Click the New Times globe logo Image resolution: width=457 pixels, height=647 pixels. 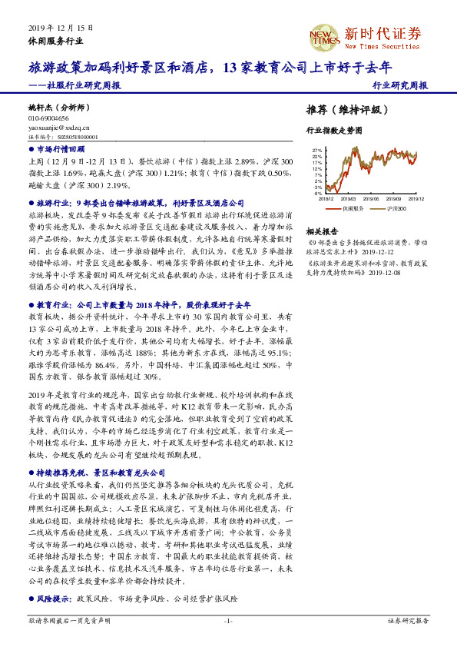coord(323,35)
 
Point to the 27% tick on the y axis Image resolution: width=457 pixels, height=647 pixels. coord(317,151)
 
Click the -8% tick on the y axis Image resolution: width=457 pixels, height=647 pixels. coord(317,194)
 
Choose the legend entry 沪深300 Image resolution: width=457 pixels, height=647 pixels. coord(395,207)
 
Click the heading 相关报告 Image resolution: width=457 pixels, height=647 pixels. coord(322,231)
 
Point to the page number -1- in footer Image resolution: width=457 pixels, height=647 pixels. coord(228,620)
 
